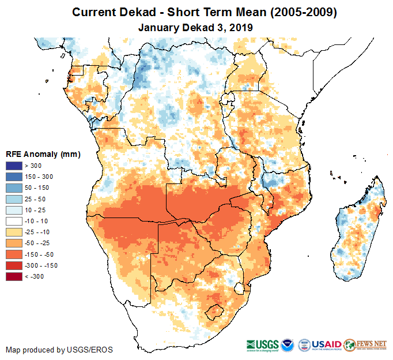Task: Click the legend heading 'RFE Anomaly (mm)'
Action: click(x=43, y=154)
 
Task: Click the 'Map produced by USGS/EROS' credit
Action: click(x=59, y=350)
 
